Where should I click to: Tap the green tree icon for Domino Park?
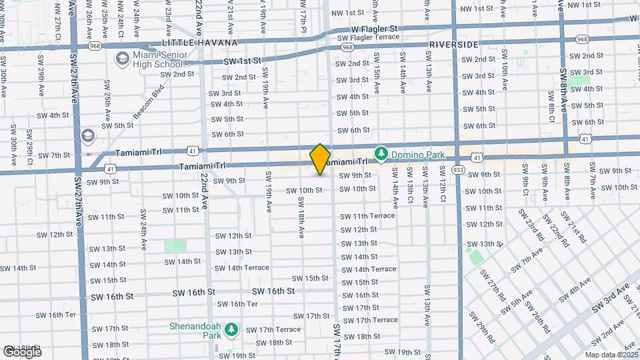381,154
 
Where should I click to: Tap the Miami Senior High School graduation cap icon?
122,59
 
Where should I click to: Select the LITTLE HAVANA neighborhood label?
190,43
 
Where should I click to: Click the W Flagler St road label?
374,29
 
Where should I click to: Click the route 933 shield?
458,170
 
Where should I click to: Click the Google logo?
22,352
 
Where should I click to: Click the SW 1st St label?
242,60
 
